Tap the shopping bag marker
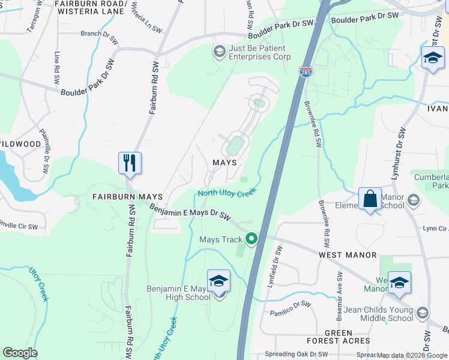tap(370, 199)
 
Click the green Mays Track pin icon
tap(252, 239)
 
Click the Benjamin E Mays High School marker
tap(218, 281)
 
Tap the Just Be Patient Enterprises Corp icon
tap(219, 52)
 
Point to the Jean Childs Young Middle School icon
tap(423, 313)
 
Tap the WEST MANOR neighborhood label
tap(348, 255)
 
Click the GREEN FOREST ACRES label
tap(339, 337)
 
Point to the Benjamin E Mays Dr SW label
tap(190, 212)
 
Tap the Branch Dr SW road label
tap(100, 34)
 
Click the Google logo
tap(20, 353)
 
